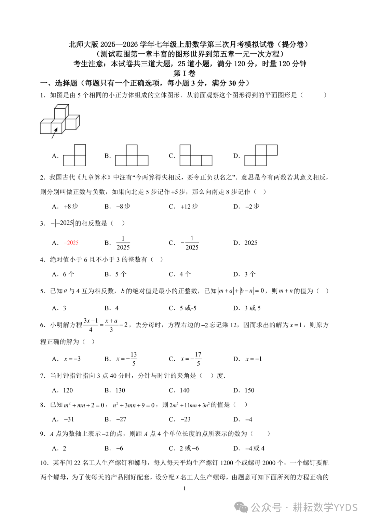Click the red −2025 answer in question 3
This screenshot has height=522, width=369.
pyautogui.click(x=71, y=243)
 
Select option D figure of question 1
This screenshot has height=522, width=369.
pyautogui.click(x=261, y=156)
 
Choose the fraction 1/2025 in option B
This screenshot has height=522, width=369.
pyautogui.click(x=123, y=243)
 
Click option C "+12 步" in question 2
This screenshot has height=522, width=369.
pyautogui.click(x=189, y=206)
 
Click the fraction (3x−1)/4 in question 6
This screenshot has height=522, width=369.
pyautogui.click(x=91, y=325)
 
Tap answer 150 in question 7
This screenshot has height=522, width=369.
pyautogui.click(x=249, y=390)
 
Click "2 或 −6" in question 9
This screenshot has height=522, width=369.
pyautogui.click(x=189, y=448)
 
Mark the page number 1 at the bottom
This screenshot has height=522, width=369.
pyautogui.click(x=184, y=488)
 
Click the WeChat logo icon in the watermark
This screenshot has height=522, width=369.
pyautogui.click(x=242, y=507)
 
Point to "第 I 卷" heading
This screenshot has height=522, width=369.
pyautogui.click(x=184, y=73)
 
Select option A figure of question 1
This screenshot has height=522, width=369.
pyautogui.click(x=74, y=156)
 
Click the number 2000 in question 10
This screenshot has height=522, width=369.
pyautogui.click(x=269, y=463)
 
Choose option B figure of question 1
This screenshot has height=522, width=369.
pyautogui.click(x=132, y=156)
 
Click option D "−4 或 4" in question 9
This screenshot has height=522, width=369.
pyautogui.click(x=255, y=448)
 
